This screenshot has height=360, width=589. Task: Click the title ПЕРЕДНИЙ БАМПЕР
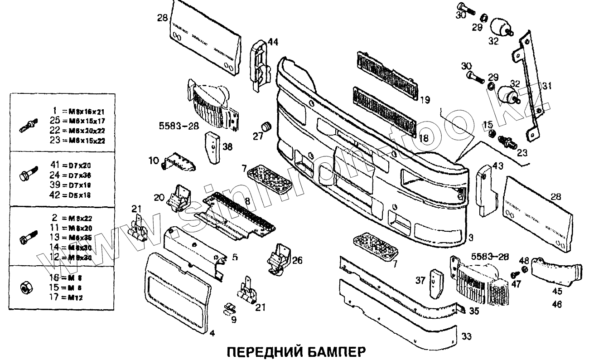click(295, 352)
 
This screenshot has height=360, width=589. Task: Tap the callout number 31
click(547, 86)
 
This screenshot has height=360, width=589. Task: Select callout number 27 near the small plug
click(258, 136)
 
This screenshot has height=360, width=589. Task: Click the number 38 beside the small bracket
click(227, 146)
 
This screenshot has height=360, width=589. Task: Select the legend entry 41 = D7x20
click(65, 165)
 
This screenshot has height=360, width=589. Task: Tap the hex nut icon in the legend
click(25, 287)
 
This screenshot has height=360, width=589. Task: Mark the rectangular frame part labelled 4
click(179, 290)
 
